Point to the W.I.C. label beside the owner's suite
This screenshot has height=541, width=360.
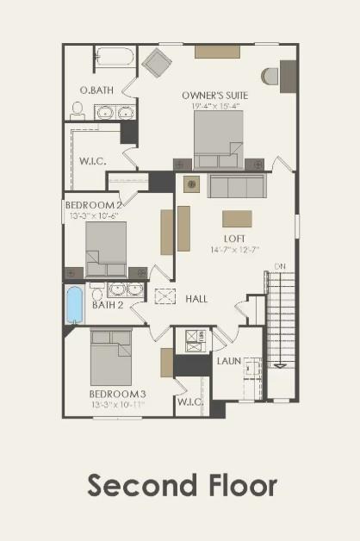pos(93,159)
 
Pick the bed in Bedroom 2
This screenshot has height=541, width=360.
pos(106,249)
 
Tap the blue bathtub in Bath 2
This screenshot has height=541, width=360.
pos(75,304)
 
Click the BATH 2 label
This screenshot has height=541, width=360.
pos(109,304)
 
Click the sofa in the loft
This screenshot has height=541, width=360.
pos(236,186)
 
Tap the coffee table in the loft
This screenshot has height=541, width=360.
pos(238,218)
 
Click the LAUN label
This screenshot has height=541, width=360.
pos(228,361)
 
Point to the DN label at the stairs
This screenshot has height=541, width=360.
pos(279,265)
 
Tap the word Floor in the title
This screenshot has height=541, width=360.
pos(239,485)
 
